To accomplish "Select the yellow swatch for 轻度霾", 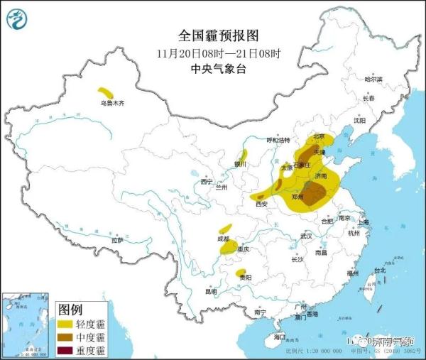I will (x=67, y=324).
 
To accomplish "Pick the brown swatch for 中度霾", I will (x=67, y=337).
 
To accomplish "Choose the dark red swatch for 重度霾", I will (x=67, y=350).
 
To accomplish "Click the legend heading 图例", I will (x=71, y=310).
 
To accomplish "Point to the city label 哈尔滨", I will (x=373, y=80).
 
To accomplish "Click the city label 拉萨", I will (x=117, y=240).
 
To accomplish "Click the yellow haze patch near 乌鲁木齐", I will (x=106, y=92).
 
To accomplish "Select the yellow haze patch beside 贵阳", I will (x=241, y=273).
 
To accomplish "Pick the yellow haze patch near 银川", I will (x=243, y=156).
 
